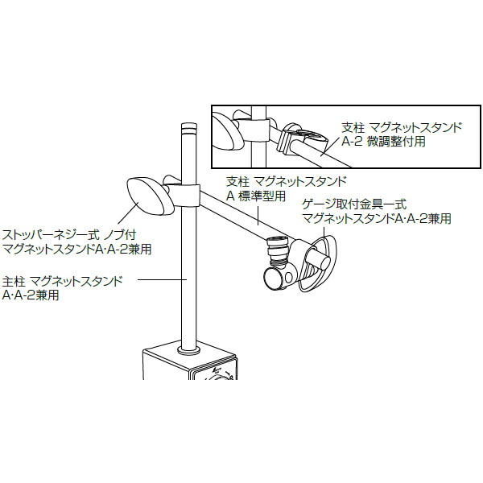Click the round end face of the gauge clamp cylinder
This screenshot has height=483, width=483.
[274, 279]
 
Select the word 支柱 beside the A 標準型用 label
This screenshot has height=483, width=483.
[237, 181]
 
